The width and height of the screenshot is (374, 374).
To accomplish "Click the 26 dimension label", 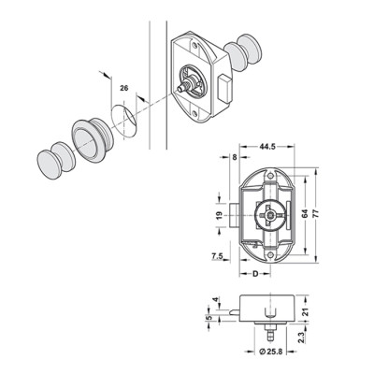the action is point(124,88).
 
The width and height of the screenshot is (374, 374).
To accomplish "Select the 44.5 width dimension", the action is point(266,147).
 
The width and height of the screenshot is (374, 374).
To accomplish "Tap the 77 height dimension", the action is point(316,214).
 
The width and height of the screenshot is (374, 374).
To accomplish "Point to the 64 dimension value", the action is point(305,214).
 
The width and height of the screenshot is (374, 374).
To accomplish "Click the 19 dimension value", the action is point(219,215).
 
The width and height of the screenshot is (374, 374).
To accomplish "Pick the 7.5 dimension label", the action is point(217,256).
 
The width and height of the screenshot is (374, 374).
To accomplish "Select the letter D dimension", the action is point(255,274).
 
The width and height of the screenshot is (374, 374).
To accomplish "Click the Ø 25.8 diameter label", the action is point(270,352).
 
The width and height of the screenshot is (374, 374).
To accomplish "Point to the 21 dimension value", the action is point(306,312).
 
